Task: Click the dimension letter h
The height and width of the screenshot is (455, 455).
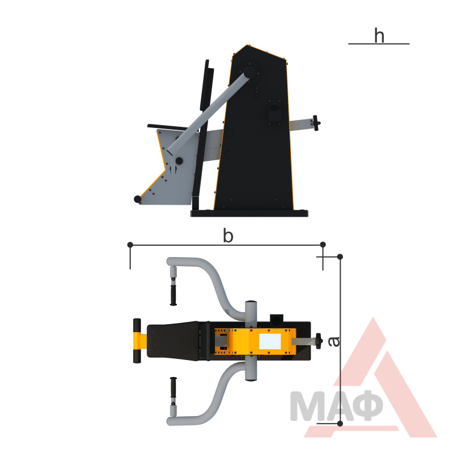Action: click(379, 35)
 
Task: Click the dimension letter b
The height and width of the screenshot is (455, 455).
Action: click(228, 235)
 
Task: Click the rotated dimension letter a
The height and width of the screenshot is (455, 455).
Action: click(334, 342)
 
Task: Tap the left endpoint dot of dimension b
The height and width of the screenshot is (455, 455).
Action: click(130, 245)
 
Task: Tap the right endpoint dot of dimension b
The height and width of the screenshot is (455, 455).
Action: click(322, 245)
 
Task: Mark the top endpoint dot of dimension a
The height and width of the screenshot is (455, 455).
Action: click(340, 257)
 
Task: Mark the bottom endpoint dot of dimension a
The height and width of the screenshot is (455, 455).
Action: click(340, 424)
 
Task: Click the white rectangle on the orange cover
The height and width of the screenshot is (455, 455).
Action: click(270, 341)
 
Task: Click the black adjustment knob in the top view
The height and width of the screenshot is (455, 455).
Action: click(319, 341)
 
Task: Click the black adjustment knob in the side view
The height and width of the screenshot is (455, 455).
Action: click(316, 123)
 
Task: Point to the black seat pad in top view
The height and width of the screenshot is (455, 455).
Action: click(173, 341)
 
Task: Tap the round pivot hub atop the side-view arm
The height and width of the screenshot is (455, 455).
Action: click(249, 72)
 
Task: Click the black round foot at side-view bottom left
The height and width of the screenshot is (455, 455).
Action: click(138, 199)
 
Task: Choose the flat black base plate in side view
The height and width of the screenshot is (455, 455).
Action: click(249, 213)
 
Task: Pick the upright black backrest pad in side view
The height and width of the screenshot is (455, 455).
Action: click(206, 86)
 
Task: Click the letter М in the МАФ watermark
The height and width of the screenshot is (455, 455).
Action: click(307, 406)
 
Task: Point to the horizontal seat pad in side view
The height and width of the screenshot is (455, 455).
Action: click(168, 127)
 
